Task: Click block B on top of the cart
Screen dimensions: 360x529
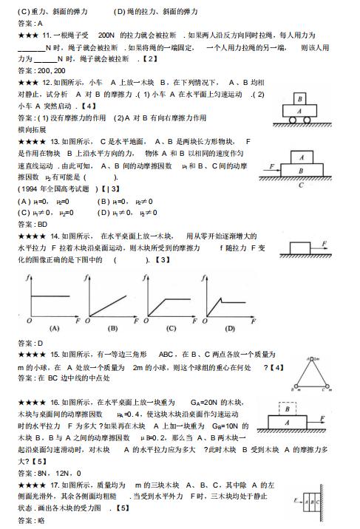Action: tap(301, 98)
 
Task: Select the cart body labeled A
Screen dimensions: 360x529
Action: tap(301, 112)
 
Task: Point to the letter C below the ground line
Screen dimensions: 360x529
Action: tap(299, 185)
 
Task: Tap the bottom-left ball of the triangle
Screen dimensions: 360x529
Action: tap(296, 386)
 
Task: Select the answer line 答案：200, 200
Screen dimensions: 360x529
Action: tap(37, 70)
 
